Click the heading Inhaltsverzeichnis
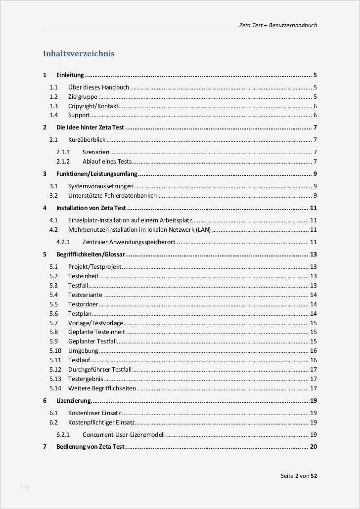coord(79,53)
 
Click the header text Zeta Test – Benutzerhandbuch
coord(278,25)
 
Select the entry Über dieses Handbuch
coord(98,87)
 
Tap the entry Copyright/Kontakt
coord(93,106)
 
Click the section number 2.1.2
coord(63,162)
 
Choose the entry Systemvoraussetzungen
coord(101,186)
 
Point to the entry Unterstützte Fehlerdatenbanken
coord(113,196)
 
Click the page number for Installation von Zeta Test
coord(313,208)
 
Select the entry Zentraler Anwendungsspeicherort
coord(129,242)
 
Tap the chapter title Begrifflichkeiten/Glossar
coord(91,254)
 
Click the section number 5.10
coord(55,351)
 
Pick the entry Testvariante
coord(85,295)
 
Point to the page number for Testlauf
coord(313,360)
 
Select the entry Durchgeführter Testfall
coord(100,370)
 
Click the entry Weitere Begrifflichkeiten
coord(102,388)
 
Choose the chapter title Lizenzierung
coord(74,401)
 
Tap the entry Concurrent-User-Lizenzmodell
coord(124,435)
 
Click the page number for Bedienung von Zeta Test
coord(313,447)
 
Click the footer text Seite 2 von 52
coord(299,476)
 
